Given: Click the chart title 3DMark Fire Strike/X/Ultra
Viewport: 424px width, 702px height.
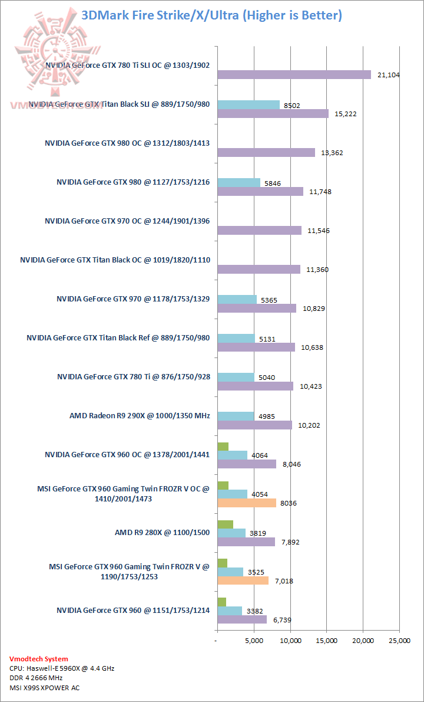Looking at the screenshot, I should tap(211, 15).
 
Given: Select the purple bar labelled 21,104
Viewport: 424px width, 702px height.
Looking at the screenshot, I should tap(294, 74).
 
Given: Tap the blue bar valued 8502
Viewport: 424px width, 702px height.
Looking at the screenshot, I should tap(249, 104).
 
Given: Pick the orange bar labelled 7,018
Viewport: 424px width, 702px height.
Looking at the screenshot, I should tap(243, 580).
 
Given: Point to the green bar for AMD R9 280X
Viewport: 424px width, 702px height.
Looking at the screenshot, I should tap(225, 524).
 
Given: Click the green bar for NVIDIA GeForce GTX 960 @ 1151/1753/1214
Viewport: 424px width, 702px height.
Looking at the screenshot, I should tap(221, 602).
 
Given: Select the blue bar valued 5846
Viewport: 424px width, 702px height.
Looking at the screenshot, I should tap(238, 183).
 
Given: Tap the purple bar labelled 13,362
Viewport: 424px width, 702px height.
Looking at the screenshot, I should tap(266, 152).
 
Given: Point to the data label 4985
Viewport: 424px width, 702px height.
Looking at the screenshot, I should tap(267, 416).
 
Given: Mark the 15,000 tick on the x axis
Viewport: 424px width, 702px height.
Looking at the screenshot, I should tap(327, 641).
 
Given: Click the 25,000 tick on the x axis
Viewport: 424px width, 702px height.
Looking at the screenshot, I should tap(400, 641).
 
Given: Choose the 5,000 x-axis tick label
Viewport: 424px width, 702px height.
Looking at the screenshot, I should tap(254, 641).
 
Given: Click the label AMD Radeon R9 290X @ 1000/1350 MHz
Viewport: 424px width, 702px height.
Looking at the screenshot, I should tap(140, 416).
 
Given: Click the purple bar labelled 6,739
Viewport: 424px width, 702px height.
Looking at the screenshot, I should tap(241, 619).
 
